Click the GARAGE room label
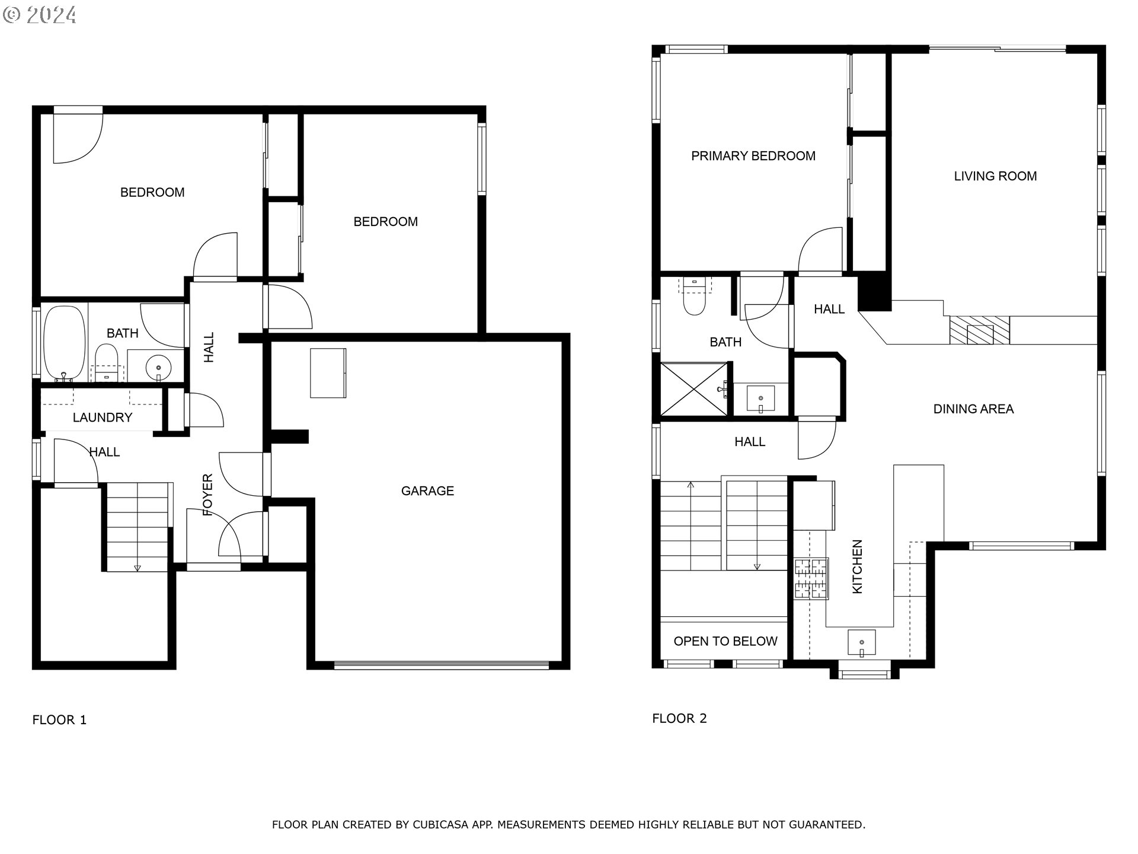click(427, 490)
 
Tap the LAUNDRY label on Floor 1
click(102, 418)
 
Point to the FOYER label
click(208, 495)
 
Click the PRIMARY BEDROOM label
click(753, 156)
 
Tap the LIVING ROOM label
click(995, 176)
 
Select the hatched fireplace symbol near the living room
click(979, 330)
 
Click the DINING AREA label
click(973, 409)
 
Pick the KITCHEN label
click(857, 566)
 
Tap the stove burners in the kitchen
click(811, 578)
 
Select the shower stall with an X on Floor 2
click(693, 389)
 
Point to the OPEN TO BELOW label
click(725, 641)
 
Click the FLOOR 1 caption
click(59, 720)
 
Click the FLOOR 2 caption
click(679, 718)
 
